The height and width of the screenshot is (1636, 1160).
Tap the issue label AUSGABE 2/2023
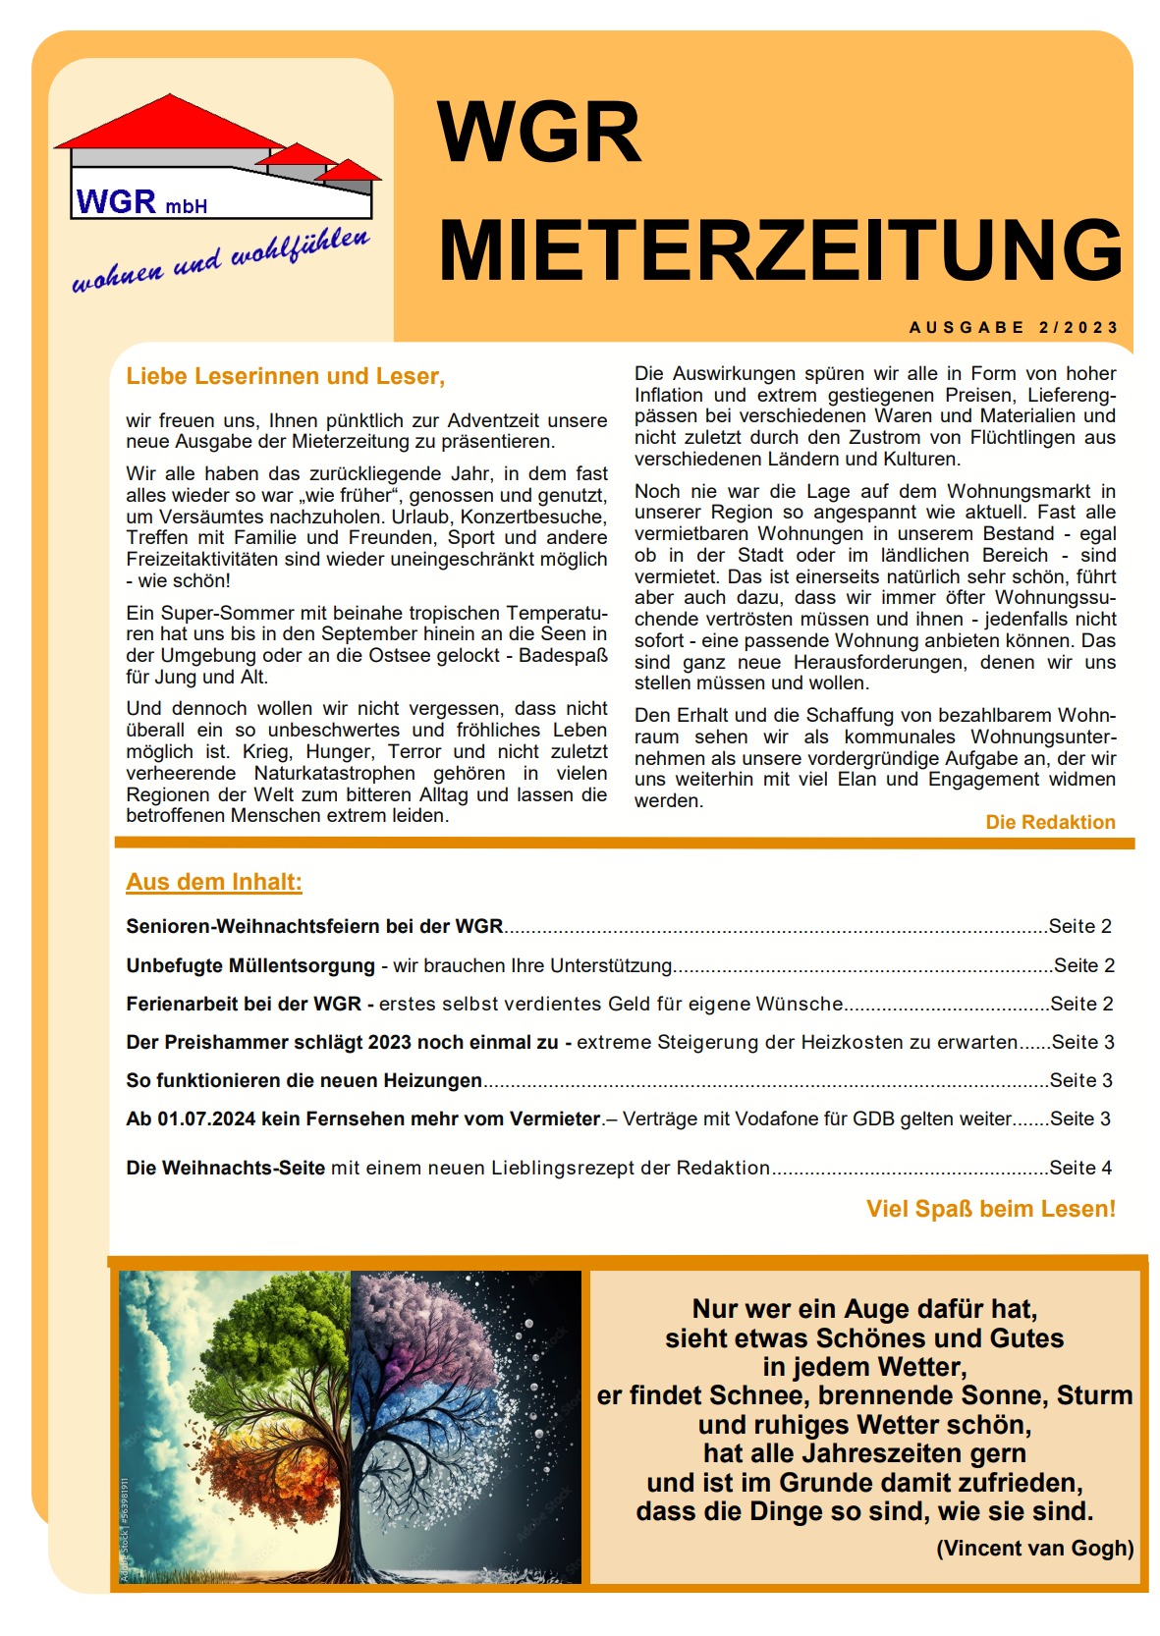point(1014,328)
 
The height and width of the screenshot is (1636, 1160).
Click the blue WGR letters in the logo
point(116,202)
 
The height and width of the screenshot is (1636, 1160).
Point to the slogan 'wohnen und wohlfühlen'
point(221,260)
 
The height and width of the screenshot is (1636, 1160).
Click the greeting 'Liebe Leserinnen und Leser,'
point(285,376)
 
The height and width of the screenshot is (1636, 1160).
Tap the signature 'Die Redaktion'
point(1050,822)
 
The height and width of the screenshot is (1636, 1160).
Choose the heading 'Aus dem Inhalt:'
point(214,882)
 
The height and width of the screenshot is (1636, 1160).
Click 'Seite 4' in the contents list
point(1080,1168)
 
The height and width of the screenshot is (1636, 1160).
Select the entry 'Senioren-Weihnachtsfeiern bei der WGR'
point(314,926)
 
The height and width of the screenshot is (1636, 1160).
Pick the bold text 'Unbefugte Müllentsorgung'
point(250,965)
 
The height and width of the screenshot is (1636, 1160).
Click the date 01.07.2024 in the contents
point(206,1118)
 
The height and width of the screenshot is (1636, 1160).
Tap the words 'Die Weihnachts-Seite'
point(225,1168)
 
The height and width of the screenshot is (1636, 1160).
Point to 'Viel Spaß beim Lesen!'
point(990,1209)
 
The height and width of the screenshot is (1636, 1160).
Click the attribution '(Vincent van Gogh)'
point(1034,1549)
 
